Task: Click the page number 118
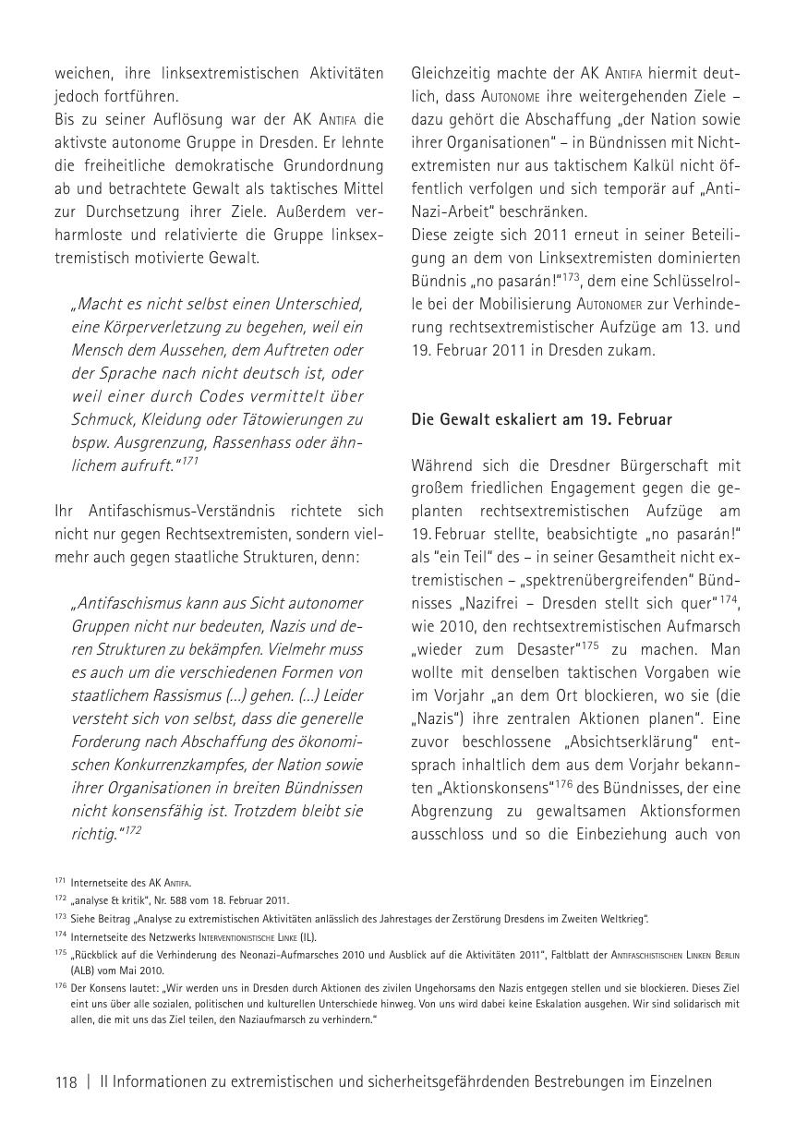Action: point(66,1083)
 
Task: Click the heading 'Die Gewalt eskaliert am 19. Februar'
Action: point(542,419)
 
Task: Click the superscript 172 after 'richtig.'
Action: point(133,829)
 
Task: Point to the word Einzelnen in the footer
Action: point(679,1083)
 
